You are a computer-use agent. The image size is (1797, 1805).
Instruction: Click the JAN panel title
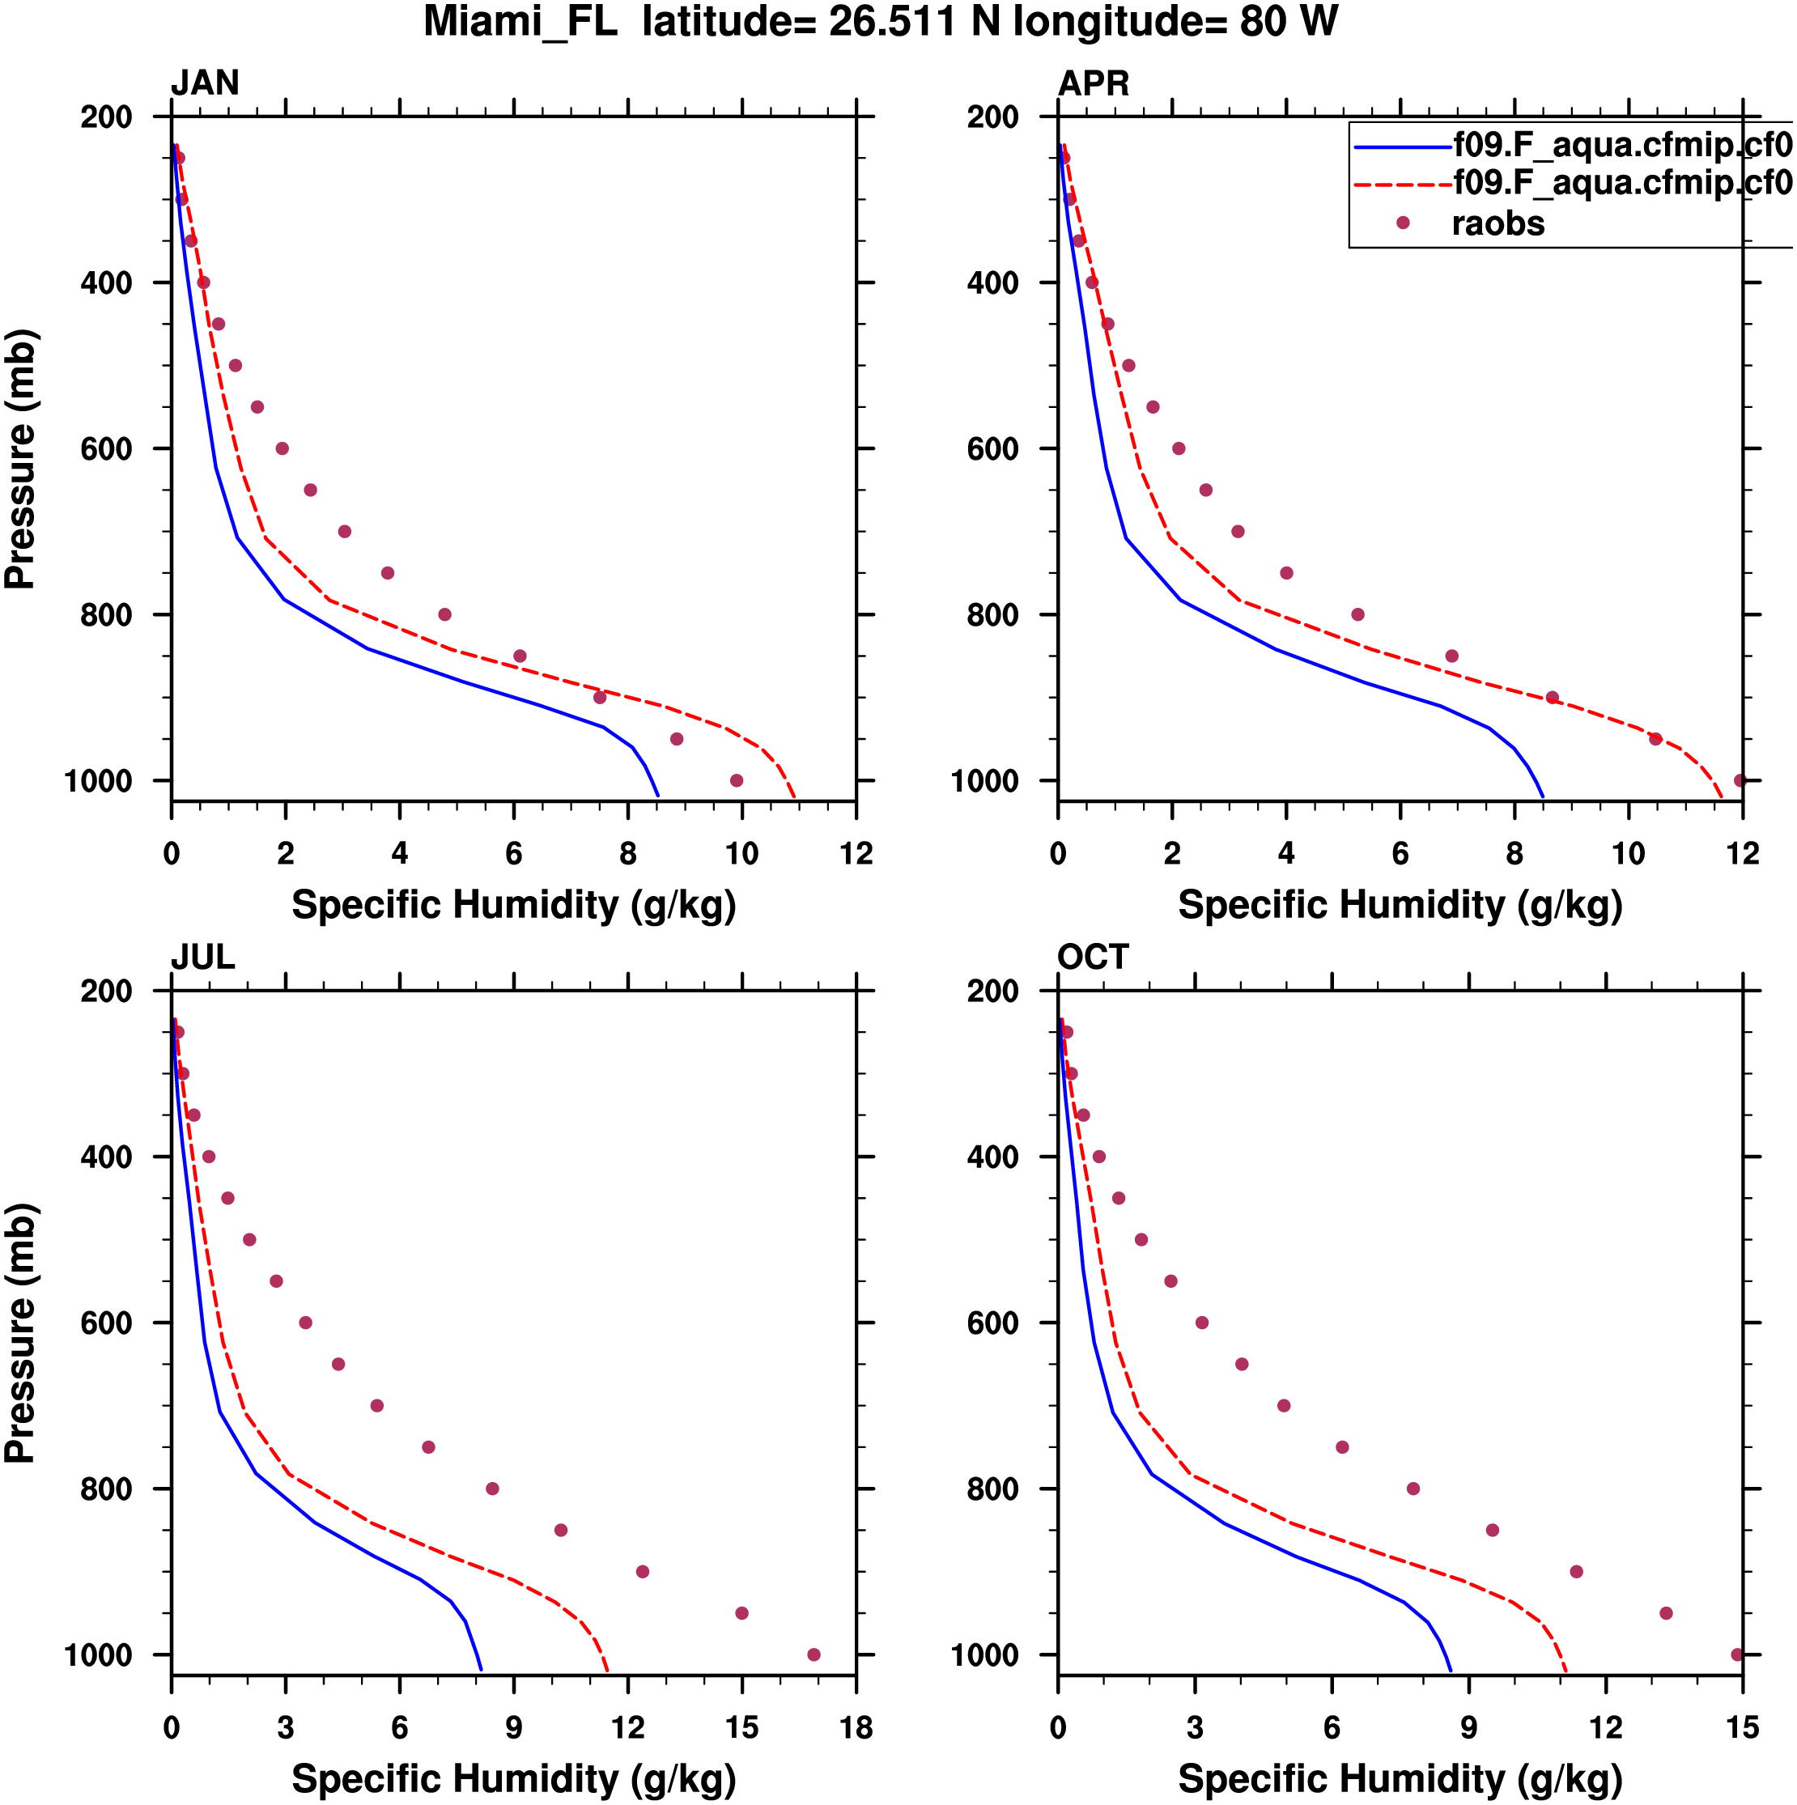pos(205,83)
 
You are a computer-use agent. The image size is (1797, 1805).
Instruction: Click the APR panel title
pos(1093,83)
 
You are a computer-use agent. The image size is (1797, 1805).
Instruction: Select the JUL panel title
pos(203,958)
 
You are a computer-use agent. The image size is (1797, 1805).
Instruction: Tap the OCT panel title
pos(1093,958)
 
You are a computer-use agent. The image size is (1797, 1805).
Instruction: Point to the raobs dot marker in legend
pos(1402,223)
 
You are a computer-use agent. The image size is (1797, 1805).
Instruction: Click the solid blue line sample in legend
pos(1402,147)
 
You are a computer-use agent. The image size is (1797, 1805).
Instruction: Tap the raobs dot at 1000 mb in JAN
pos(737,781)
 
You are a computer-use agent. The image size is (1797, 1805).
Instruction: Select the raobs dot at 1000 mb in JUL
pos(813,1655)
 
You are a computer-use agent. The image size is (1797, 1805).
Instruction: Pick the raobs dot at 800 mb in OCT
pos(1413,1489)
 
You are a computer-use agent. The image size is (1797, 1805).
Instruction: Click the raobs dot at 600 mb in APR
pos(1179,448)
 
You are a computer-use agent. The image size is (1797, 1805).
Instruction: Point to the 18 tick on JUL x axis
pos(856,1728)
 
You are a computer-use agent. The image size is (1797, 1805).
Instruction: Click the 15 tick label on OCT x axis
pos(1742,1728)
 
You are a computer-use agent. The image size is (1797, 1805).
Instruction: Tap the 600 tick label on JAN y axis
pos(107,449)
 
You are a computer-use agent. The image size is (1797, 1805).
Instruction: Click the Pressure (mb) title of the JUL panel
pos(20,1333)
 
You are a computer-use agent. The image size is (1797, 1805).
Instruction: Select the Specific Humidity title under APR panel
pos(1400,905)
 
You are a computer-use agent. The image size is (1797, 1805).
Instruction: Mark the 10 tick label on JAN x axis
pos(742,854)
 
